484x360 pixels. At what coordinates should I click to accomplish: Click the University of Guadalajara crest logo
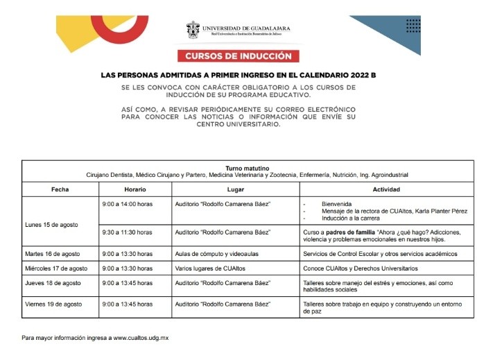coord(193,30)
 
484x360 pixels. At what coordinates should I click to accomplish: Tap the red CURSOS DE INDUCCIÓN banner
coord(239,55)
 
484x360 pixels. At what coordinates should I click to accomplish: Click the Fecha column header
coord(60,189)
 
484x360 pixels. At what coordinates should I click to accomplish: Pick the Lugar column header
coord(235,189)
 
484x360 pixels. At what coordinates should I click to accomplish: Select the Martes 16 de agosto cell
coord(55,254)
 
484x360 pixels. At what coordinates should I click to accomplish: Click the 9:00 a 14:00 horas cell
coord(127,204)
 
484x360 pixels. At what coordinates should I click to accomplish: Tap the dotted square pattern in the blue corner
coord(413,26)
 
